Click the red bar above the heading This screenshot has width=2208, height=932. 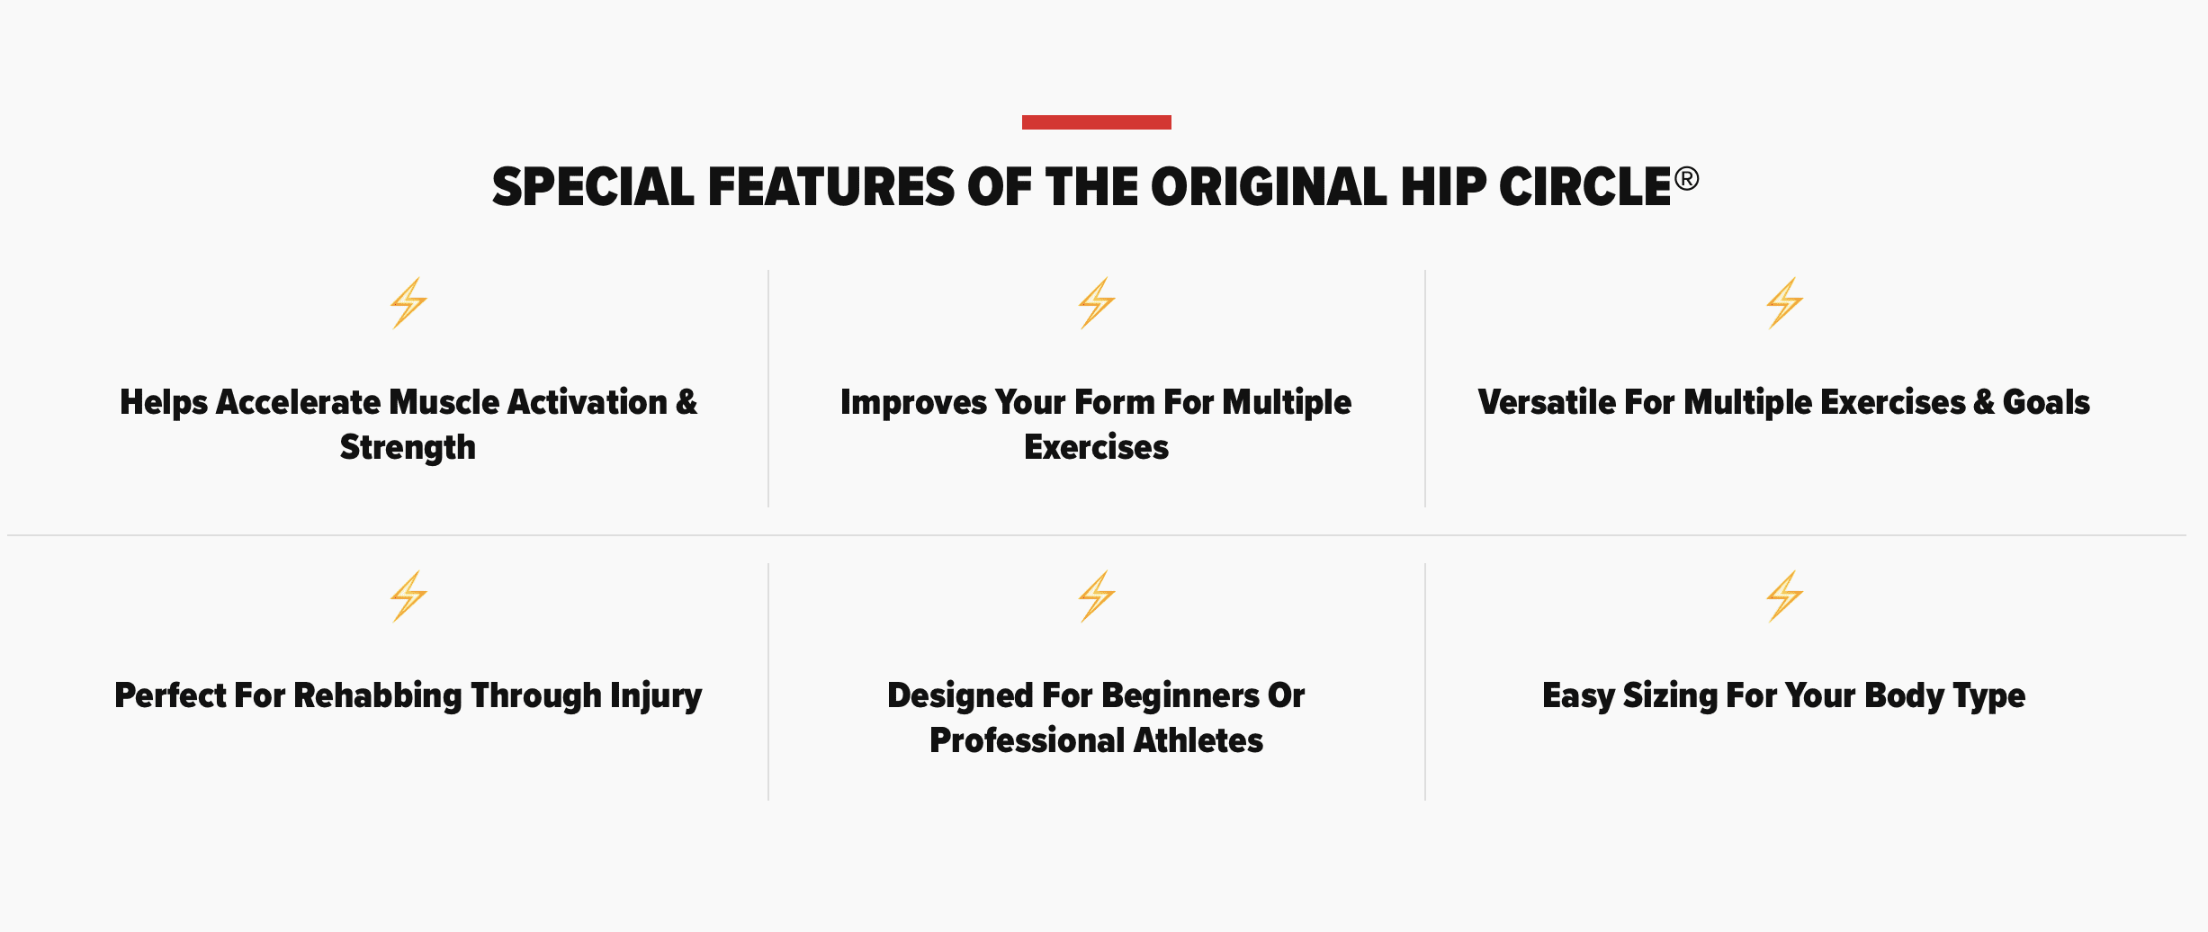pyautogui.click(x=1096, y=122)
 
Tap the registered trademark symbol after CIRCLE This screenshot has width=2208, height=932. pyautogui.click(x=1687, y=178)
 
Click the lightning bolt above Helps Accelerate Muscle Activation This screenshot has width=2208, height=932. pyautogui.click(x=408, y=303)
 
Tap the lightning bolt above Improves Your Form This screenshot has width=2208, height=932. pyautogui.click(x=1097, y=303)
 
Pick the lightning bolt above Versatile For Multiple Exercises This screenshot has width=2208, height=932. pyautogui.click(x=1784, y=303)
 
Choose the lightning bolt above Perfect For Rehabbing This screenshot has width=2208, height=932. pyautogui.click(x=408, y=596)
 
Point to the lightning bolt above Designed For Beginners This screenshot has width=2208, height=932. pyautogui.click(x=1097, y=596)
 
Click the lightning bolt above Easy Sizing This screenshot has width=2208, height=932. pyautogui.click(x=1784, y=596)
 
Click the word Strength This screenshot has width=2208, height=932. pyautogui.click(x=408, y=448)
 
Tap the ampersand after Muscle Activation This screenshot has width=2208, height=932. pyautogui.click(x=687, y=402)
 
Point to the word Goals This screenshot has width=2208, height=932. pyautogui.click(x=2046, y=402)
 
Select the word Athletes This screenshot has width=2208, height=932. pyautogui.click(x=1198, y=740)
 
